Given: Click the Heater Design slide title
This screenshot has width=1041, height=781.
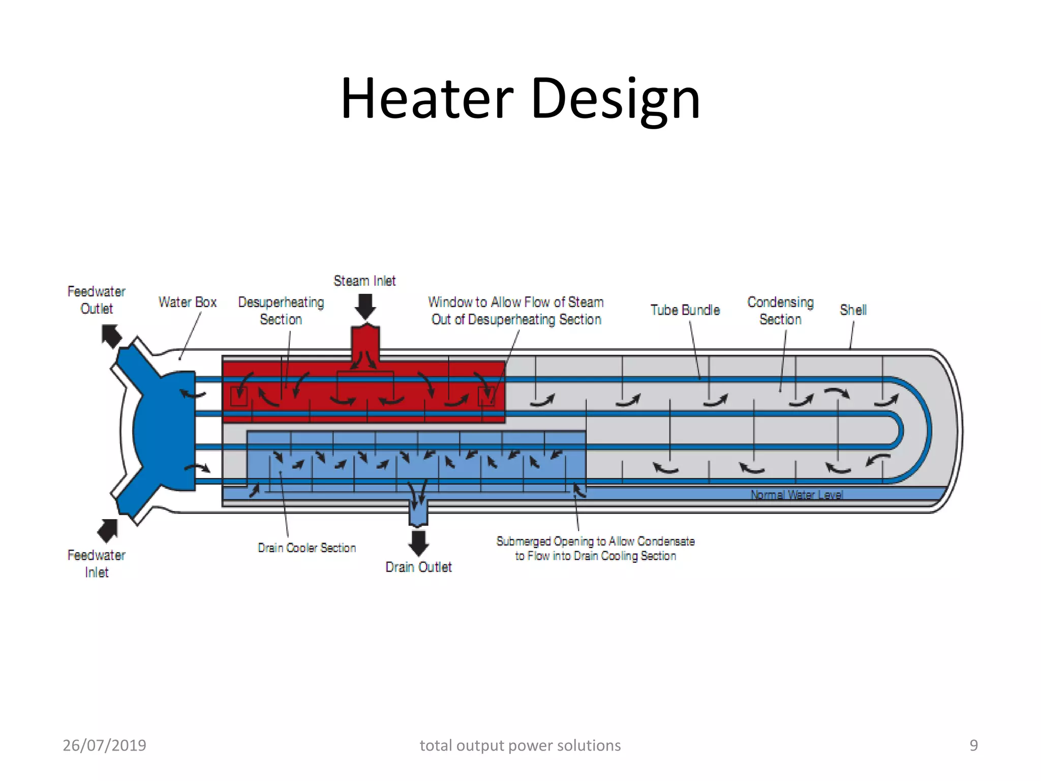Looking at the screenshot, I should pyautogui.click(x=520, y=99).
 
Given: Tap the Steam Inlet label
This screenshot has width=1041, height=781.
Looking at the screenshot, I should pyautogui.click(x=364, y=281).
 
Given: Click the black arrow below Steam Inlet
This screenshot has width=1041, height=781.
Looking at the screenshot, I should pyautogui.click(x=365, y=307).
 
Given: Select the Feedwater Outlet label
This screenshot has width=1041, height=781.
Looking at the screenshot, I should pyautogui.click(x=97, y=300).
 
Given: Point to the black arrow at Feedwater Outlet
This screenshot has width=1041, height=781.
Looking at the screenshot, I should pyautogui.click(x=111, y=336).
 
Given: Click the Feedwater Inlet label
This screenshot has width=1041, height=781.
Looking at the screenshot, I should pyautogui.click(x=97, y=563).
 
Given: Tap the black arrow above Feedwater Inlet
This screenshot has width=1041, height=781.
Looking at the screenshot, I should pyautogui.click(x=108, y=530).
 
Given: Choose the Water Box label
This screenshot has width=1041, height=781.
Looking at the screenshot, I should pyautogui.click(x=188, y=303).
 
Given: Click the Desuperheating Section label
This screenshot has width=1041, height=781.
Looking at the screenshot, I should pyautogui.click(x=281, y=311).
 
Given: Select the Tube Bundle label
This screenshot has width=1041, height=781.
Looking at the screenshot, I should pyautogui.click(x=685, y=310).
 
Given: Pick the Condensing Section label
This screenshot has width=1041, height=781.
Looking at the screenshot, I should pyautogui.click(x=780, y=311).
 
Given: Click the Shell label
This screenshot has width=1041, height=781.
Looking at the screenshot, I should pyautogui.click(x=853, y=310).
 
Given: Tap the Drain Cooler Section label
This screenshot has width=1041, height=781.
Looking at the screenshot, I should pyautogui.click(x=307, y=548).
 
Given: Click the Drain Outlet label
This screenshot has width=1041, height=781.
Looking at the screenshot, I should pyautogui.click(x=418, y=567).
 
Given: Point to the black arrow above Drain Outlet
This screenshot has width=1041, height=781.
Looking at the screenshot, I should pyautogui.click(x=418, y=543).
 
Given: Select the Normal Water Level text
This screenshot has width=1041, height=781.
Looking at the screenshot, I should pyautogui.click(x=797, y=495).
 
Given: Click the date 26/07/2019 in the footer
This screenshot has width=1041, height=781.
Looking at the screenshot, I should pyautogui.click(x=104, y=745).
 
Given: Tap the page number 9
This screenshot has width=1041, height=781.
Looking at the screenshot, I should pyautogui.click(x=973, y=745).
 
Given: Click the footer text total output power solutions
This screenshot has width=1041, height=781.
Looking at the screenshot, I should pyautogui.click(x=520, y=745).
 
